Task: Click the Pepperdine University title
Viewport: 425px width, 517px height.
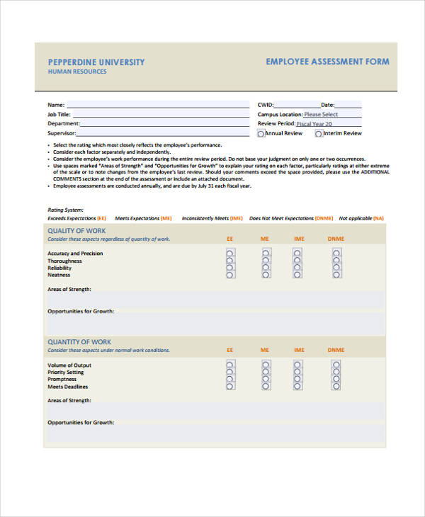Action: [96, 62]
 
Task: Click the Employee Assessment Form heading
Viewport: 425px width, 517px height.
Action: [327, 62]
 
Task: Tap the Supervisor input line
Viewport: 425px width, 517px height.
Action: [163, 132]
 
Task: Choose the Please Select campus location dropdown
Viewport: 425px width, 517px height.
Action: [331, 114]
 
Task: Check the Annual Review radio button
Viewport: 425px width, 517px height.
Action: [261, 133]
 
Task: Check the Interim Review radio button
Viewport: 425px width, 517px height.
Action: [319, 133]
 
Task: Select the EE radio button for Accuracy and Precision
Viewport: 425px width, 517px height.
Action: [229, 252]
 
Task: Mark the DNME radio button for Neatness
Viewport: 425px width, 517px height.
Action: [336, 275]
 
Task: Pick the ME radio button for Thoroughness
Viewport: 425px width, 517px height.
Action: [266, 260]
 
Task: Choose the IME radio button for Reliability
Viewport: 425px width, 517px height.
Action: [298, 268]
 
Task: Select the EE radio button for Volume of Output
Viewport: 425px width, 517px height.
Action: [229, 364]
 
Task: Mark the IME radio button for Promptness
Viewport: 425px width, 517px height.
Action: [298, 379]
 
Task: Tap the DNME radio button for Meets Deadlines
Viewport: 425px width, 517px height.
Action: [336, 387]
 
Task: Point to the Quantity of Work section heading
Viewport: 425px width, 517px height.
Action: [79, 342]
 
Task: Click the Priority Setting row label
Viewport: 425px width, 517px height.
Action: [65, 372]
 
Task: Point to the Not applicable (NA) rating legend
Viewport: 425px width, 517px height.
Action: [361, 218]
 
